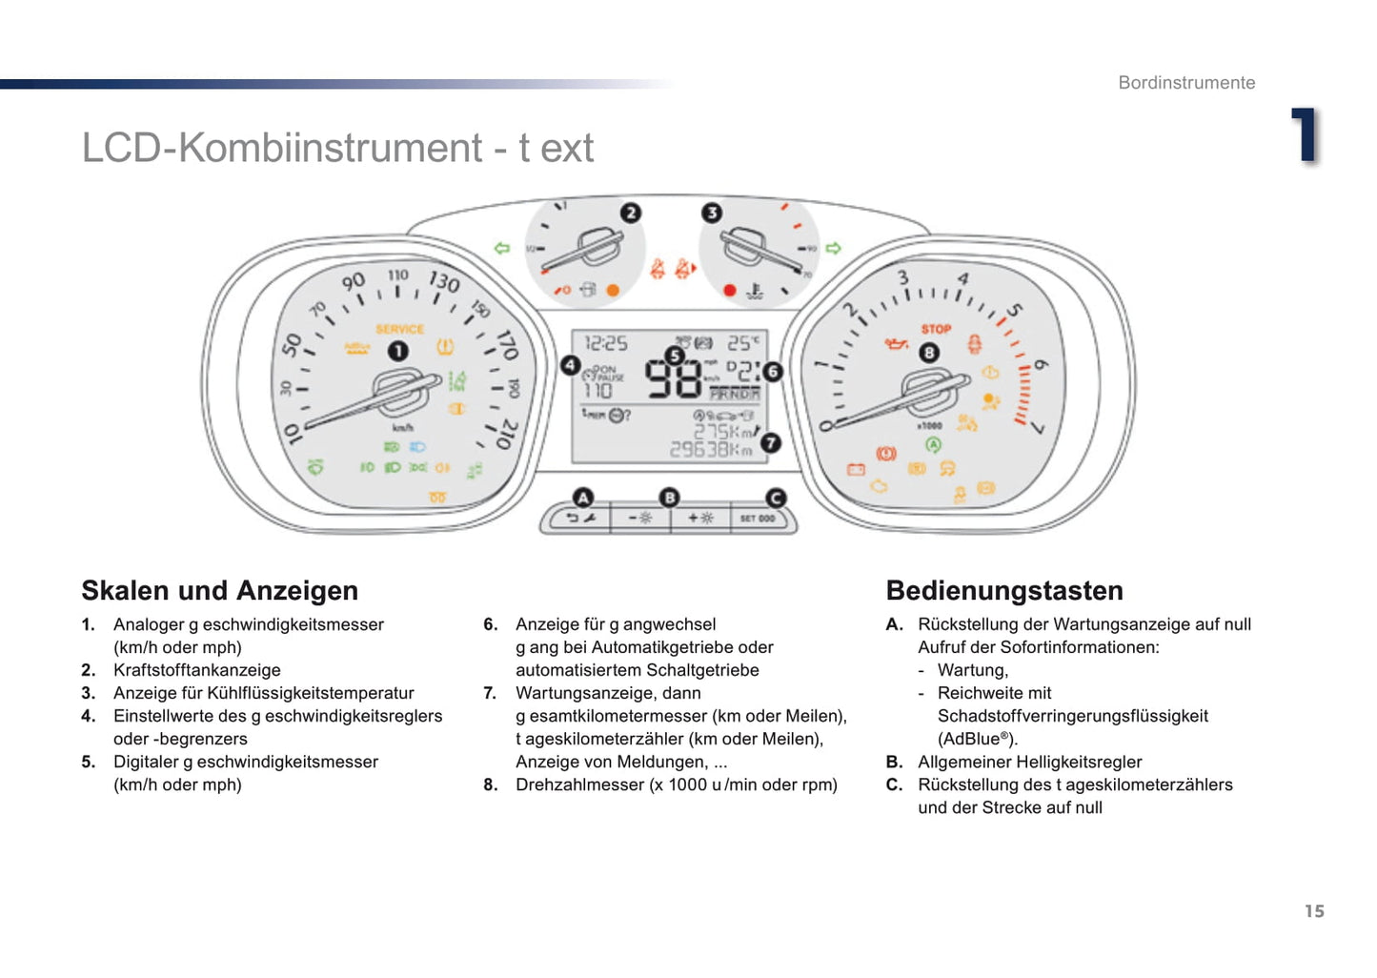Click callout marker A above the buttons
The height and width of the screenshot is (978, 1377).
point(582,498)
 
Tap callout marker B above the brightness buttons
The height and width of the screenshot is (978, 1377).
point(670,498)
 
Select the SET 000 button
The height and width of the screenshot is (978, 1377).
point(758,519)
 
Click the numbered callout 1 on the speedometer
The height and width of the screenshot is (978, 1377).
point(397,352)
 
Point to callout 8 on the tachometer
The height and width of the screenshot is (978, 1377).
point(929,353)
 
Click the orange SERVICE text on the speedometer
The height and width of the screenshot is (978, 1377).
point(399,329)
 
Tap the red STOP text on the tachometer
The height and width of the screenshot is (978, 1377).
point(936,329)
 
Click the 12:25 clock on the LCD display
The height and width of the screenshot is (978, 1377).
point(606,343)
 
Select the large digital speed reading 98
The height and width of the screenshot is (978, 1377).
point(673,378)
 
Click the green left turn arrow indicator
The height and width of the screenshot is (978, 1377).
point(502,249)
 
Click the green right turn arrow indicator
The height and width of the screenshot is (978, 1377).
point(834,249)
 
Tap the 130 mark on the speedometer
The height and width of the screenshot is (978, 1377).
point(444,281)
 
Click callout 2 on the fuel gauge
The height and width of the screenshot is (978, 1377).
point(631,213)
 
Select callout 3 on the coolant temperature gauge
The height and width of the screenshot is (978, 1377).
point(712,213)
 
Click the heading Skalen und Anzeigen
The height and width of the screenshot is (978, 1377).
point(220,591)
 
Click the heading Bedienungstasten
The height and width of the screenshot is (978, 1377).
point(1004,591)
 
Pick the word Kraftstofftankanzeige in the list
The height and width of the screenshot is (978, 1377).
point(197,670)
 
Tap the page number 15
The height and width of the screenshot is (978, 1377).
point(1314,911)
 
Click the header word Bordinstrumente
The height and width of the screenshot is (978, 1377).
point(1186,83)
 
